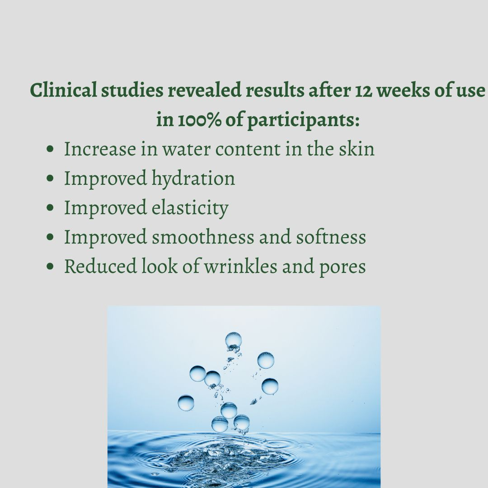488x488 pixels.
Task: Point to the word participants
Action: click(303, 121)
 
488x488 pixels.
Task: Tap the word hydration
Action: click(193, 179)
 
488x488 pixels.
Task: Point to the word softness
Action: click(331, 237)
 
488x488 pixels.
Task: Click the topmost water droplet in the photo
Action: click(233, 340)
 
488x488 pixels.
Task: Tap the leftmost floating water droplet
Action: click(186, 403)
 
